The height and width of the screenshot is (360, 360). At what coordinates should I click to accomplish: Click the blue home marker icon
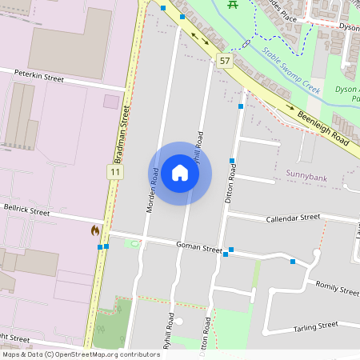[180, 174]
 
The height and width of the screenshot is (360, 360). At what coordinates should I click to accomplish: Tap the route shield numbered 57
[224, 61]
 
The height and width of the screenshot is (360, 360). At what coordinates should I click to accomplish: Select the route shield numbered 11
[116, 172]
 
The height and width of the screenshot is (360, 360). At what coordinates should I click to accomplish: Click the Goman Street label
[198, 247]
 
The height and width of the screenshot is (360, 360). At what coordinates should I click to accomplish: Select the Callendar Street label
[293, 218]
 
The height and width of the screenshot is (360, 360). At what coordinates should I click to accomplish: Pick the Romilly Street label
[337, 288]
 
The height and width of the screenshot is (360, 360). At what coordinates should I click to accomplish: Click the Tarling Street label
[316, 326]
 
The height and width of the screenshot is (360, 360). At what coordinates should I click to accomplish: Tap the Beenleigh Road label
[326, 127]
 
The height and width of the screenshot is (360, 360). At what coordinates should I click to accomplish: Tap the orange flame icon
[95, 230]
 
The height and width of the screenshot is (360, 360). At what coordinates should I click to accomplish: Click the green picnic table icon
[232, 5]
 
